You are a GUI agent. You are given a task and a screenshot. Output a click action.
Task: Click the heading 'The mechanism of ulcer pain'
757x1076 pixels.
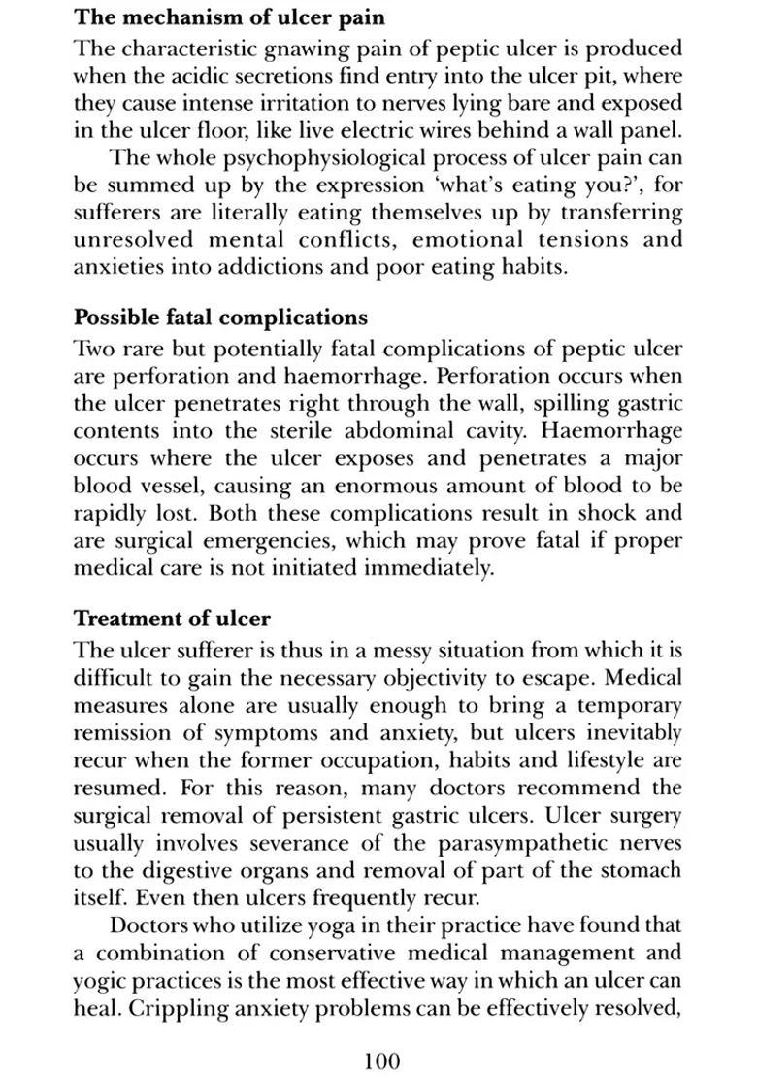click(x=229, y=17)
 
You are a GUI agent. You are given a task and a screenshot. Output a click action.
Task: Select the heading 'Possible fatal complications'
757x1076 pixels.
click(x=221, y=318)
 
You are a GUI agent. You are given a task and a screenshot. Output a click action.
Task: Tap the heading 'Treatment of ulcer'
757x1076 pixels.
click(x=173, y=619)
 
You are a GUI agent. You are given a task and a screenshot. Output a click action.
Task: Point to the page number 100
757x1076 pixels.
click(x=381, y=1060)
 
